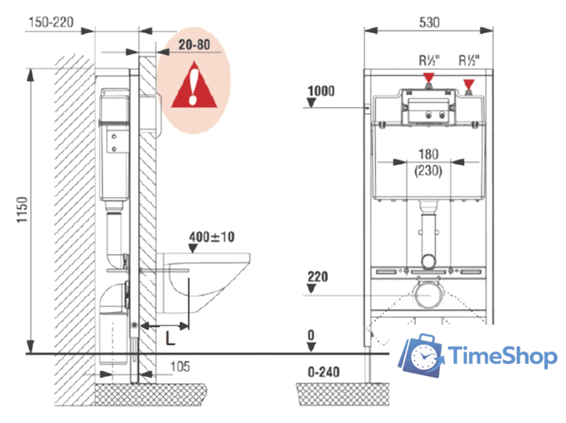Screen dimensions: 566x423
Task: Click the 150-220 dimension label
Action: pyautogui.click(x=51, y=23)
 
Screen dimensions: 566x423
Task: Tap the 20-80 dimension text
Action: pyautogui.click(x=194, y=45)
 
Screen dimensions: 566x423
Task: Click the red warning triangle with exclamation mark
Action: pyautogui.click(x=194, y=86)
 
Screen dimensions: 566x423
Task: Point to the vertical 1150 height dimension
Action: pyautogui.click(x=22, y=210)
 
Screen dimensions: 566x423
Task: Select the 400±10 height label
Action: pyautogui.click(x=212, y=237)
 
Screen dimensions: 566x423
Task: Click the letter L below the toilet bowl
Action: pyautogui.click(x=170, y=338)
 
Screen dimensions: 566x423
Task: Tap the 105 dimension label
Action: pyautogui.click(x=180, y=366)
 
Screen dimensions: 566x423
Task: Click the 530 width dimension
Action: pyautogui.click(x=429, y=23)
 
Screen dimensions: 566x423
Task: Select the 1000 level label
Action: pyautogui.click(x=321, y=90)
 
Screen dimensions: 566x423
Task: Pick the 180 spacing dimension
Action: pyautogui.click(x=429, y=154)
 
